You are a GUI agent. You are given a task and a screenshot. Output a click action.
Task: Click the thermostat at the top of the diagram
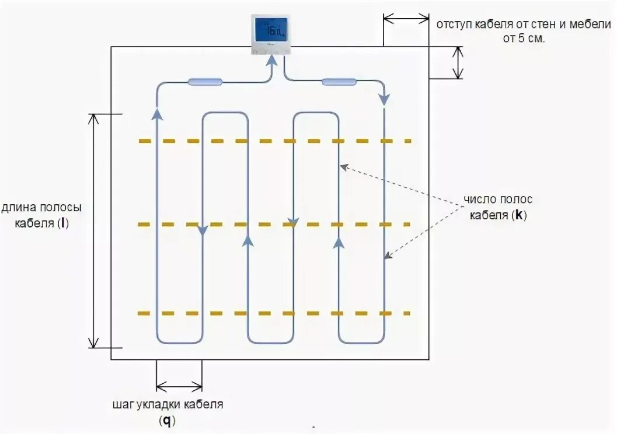point(271,34)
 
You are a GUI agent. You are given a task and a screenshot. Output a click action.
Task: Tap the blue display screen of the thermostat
point(271,29)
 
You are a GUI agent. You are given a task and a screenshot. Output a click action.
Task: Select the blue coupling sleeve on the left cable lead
point(204,82)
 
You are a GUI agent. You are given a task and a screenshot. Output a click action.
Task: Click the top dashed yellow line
point(274,141)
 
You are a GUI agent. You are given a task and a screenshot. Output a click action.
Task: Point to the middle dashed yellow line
point(274,225)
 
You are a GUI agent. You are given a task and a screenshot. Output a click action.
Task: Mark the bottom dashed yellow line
point(274,313)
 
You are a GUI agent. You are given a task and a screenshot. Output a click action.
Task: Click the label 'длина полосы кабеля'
point(41,215)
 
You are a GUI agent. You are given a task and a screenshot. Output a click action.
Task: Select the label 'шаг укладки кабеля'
point(168,404)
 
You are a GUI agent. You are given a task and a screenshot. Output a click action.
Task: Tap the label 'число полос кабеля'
point(498,207)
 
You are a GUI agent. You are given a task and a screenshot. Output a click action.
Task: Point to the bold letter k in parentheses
point(518,215)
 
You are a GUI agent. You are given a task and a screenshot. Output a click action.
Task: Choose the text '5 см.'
point(532,39)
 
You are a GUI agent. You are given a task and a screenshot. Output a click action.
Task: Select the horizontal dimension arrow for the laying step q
point(179,385)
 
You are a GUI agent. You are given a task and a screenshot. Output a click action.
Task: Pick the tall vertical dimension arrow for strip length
point(93,230)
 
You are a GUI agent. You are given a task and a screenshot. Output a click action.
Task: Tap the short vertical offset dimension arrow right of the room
point(458,62)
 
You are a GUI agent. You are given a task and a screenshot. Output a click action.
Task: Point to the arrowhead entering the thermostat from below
point(271,60)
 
